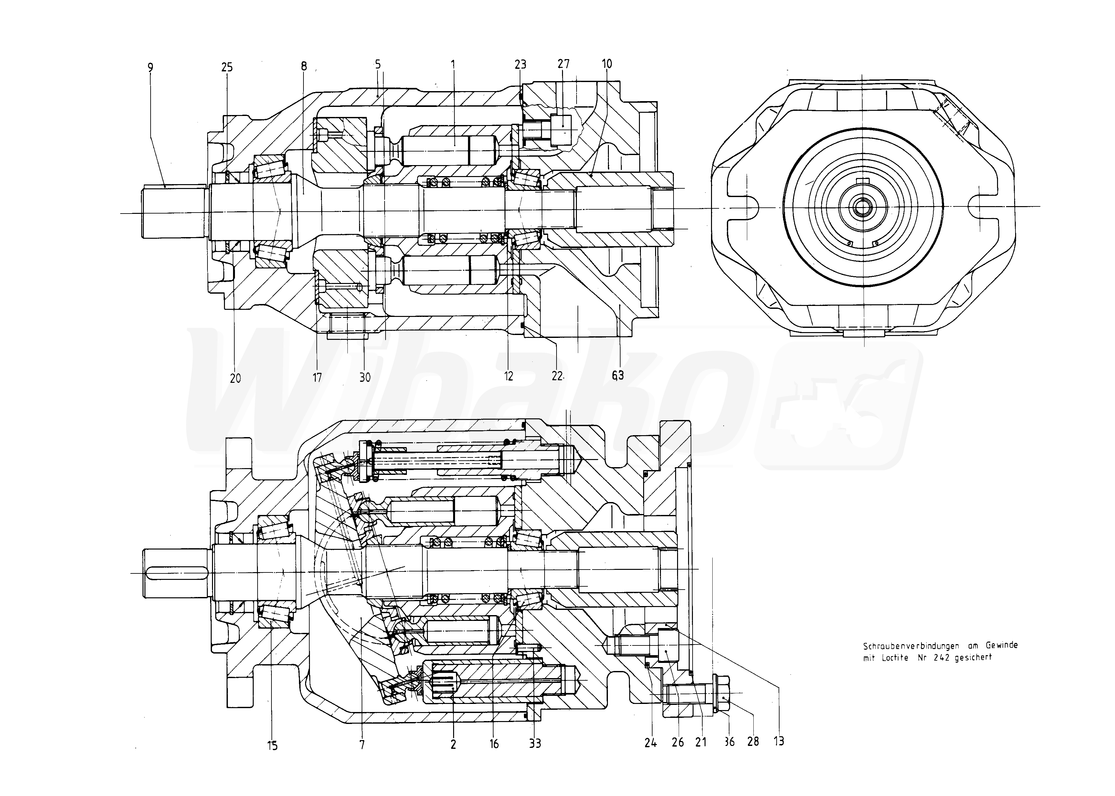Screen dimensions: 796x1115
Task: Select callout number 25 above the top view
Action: coord(227,68)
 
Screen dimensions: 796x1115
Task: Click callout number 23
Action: coord(520,64)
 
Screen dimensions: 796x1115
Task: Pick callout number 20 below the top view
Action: coord(235,378)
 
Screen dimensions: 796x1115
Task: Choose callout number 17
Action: coord(317,377)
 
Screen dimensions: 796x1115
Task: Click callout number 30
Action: coord(365,377)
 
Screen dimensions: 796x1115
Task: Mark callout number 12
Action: coord(508,376)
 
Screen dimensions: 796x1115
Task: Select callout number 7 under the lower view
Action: coord(362,745)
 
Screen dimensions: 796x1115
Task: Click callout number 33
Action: coord(535,744)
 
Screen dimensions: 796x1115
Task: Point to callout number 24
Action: coord(650,743)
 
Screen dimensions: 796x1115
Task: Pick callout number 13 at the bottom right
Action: coord(779,741)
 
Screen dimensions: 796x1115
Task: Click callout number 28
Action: coord(753,742)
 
